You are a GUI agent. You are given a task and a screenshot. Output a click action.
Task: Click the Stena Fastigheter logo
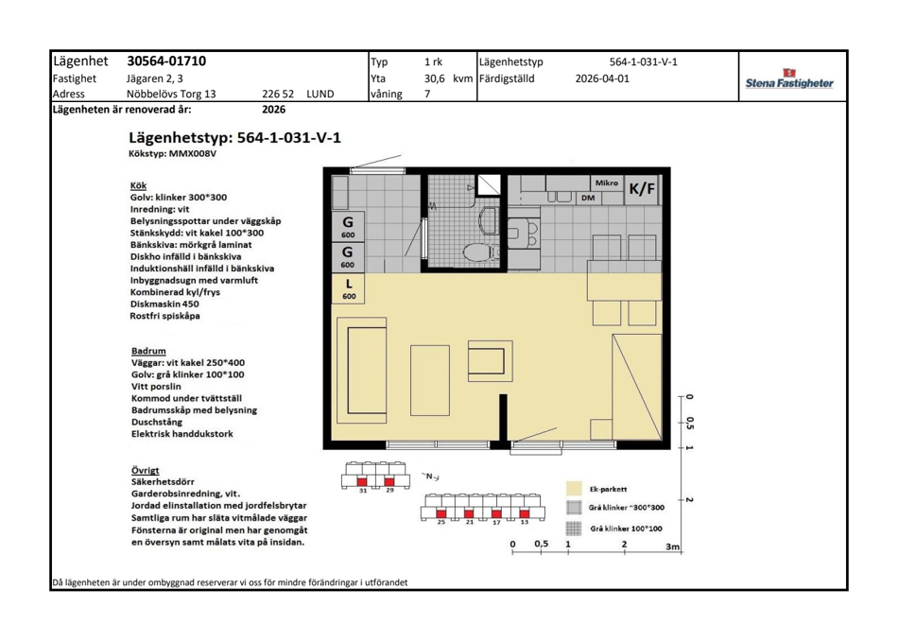click(x=789, y=79)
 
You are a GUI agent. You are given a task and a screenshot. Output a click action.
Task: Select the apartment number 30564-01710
click(x=166, y=61)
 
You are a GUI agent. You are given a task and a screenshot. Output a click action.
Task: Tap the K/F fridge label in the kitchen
click(x=642, y=188)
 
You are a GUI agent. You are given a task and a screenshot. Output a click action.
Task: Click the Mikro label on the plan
click(x=607, y=182)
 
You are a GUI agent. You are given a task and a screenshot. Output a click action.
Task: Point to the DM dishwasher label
click(x=588, y=199)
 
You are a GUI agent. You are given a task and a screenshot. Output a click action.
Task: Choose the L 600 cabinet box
click(x=349, y=288)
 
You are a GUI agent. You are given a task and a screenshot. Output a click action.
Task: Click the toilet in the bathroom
click(x=476, y=252)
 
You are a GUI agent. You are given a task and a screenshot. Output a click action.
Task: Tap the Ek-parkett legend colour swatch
click(x=574, y=489)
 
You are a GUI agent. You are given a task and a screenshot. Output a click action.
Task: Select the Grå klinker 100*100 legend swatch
click(x=573, y=528)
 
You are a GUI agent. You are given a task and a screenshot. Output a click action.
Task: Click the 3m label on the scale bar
click(x=672, y=547)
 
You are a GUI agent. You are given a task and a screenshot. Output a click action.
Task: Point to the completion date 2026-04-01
click(x=602, y=78)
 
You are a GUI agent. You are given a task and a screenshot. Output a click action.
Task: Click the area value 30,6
click(x=434, y=78)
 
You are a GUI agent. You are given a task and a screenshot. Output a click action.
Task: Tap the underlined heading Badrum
click(x=148, y=351)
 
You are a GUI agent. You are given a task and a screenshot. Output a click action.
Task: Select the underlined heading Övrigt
click(x=145, y=470)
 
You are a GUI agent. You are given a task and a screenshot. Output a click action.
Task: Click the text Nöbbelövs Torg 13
click(x=171, y=94)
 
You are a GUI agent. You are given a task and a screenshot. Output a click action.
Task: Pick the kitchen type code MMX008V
click(x=193, y=153)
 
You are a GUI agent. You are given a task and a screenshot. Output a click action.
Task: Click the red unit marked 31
click(x=362, y=481)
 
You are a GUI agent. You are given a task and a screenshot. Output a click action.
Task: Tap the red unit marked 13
click(x=524, y=513)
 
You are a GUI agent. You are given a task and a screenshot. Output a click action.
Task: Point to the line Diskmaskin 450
click(x=164, y=304)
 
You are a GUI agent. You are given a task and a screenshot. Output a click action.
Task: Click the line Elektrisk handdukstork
click(x=182, y=434)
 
